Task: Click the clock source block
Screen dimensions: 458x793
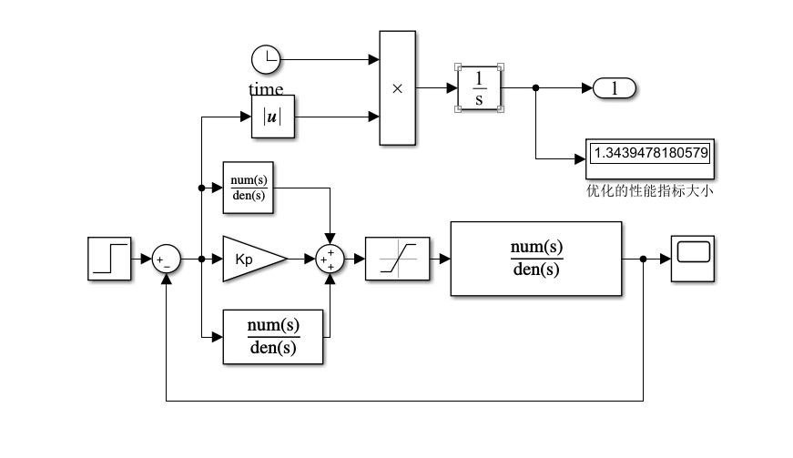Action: [x=266, y=60]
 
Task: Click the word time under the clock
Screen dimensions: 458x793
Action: [x=266, y=89]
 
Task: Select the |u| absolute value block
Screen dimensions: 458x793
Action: [x=273, y=117]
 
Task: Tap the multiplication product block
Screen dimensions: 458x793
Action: [x=397, y=88]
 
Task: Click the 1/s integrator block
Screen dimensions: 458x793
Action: [x=479, y=88]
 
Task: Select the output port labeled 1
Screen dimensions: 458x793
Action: [x=615, y=88]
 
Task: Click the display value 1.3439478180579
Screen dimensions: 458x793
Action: [x=649, y=153]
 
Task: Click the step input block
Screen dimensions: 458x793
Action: [x=110, y=259]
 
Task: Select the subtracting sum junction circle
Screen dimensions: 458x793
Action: [x=166, y=260]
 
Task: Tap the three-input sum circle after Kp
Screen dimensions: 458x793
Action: [x=330, y=260]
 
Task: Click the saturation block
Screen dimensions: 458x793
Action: [x=396, y=260]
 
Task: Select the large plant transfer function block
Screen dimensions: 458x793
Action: [x=534, y=259]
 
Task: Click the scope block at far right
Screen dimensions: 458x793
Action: [x=692, y=259]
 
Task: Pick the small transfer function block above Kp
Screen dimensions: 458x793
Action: [x=249, y=188]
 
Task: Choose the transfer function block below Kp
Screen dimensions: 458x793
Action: [x=273, y=337]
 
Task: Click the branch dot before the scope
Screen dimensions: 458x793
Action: [x=643, y=260]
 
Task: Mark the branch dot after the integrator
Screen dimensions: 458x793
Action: [x=535, y=88]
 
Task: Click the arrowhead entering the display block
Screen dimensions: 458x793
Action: [x=579, y=158]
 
